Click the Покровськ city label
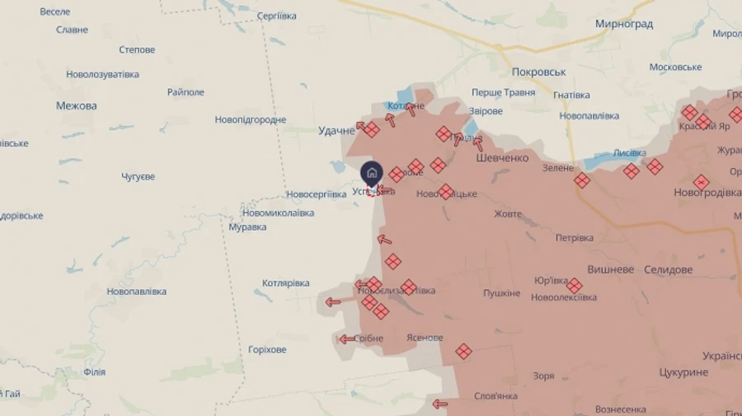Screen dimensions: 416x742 pyautogui.click(x=538, y=72)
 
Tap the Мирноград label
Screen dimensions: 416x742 pyautogui.click(x=624, y=24)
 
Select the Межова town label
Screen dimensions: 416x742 pyautogui.click(x=77, y=105)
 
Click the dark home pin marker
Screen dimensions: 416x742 pyautogui.click(x=372, y=172)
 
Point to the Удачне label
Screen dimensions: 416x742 pyautogui.click(x=336, y=130)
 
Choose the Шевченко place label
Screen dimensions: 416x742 pyautogui.click(x=502, y=158)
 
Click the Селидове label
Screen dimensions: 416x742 pyautogui.click(x=668, y=269)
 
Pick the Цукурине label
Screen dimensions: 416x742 pyautogui.click(x=683, y=372)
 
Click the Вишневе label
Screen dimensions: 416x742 pyautogui.click(x=611, y=269)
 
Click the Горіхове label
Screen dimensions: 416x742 pyautogui.click(x=267, y=349)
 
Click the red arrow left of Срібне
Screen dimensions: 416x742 pyautogui.click(x=346, y=339)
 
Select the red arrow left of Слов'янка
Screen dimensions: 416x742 pyautogui.click(x=439, y=404)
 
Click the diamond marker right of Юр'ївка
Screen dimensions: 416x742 pyautogui.click(x=575, y=286)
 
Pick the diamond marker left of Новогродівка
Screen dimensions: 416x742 pyautogui.click(x=654, y=166)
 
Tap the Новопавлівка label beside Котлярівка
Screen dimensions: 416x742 pyautogui.click(x=136, y=292)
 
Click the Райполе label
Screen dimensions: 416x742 pyautogui.click(x=185, y=91)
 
